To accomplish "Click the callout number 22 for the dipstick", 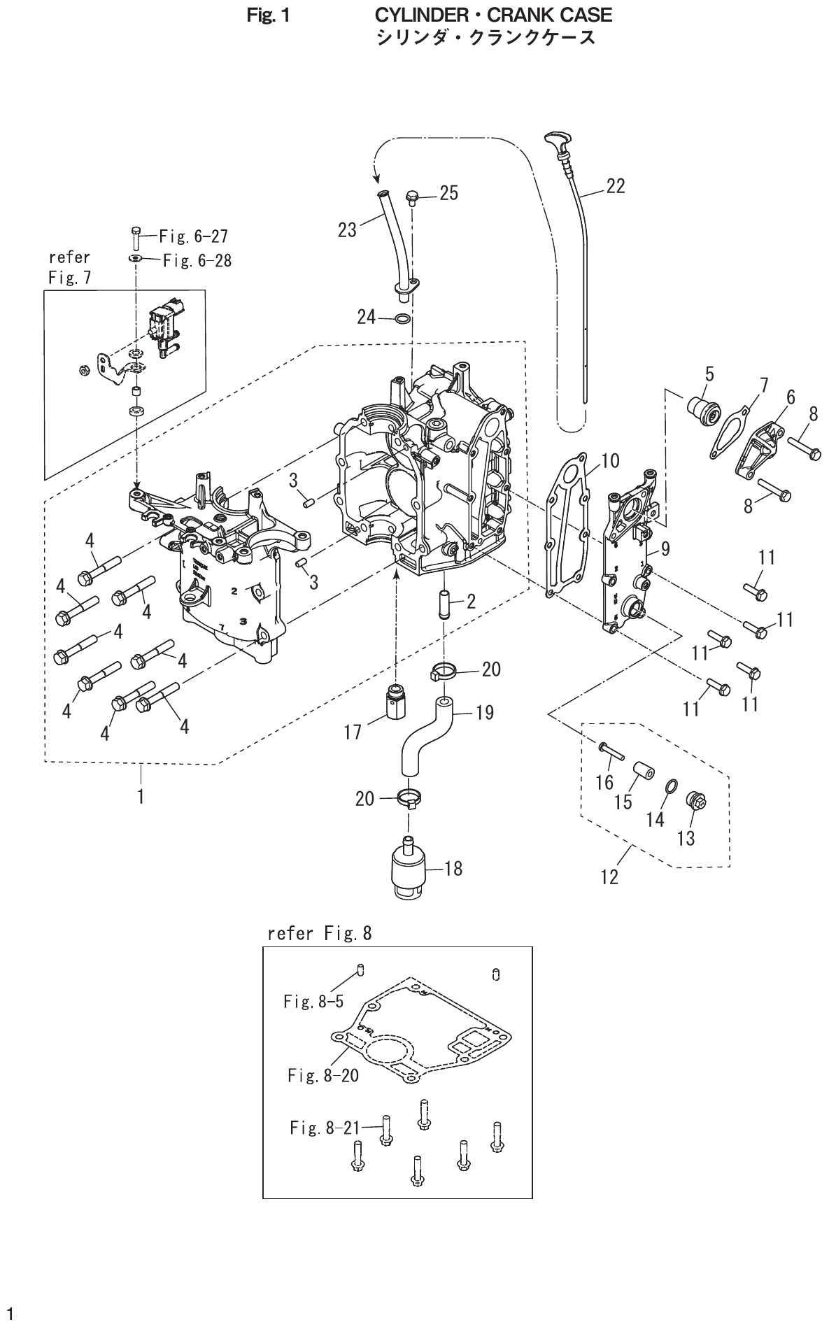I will (x=615, y=186).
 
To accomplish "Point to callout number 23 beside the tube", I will (x=348, y=229).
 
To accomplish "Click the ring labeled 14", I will (x=669, y=788).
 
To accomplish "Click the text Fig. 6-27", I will (x=194, y=236).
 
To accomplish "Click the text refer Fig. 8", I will (x=320, y=932).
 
